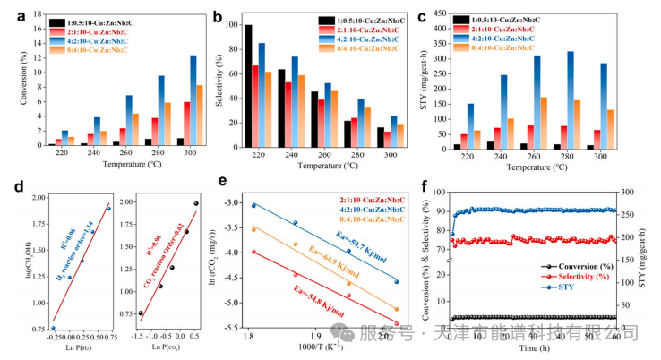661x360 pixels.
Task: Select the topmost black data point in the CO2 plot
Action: click(195, 203)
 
